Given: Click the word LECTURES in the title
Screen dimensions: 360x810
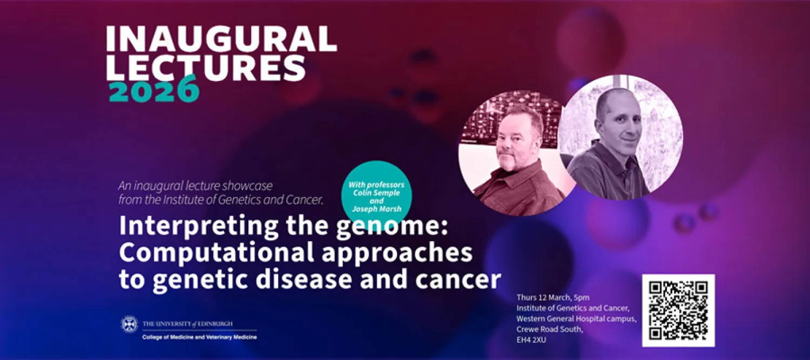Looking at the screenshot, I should pyautogui.click(x=205, y=67).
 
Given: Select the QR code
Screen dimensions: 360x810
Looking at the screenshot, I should pyautogui.click(x=678, y=310).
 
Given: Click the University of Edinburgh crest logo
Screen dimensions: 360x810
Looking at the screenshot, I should pyautogui.click(x=129, y=324).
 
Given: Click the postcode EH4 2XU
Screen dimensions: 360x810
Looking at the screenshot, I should pyautogui.click(x=532, y=341).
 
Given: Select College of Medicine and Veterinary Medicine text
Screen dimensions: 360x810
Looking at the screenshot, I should pyautogui.click(x=199, y=337).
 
